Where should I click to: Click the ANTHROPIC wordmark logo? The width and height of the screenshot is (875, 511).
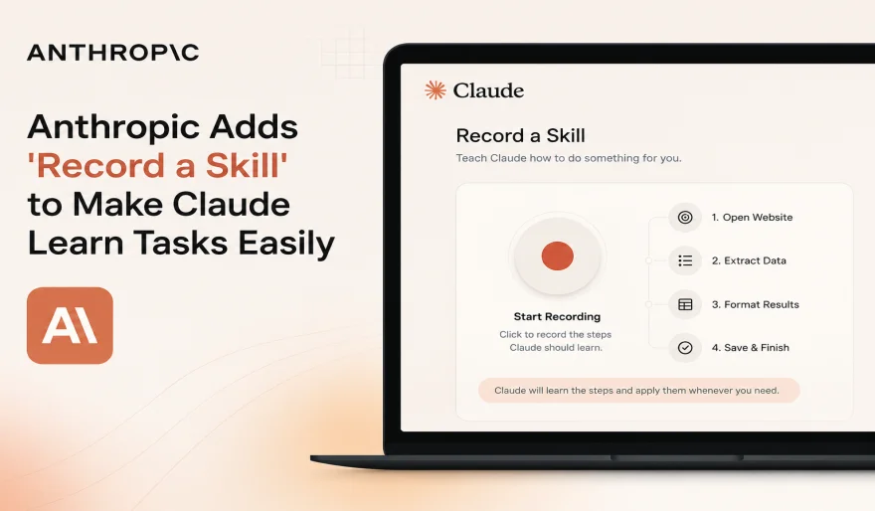pos(112,53)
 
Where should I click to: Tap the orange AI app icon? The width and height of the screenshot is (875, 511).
pos(70,325)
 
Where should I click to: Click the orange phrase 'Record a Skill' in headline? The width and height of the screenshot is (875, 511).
pos(157,165)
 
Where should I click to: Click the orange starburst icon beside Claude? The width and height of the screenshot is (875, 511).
pos(436,89)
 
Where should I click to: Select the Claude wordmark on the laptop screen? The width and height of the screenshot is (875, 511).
pos(488,90)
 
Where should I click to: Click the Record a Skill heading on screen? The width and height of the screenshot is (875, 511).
pos(521,135)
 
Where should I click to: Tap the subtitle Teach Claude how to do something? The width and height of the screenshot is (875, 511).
pos(569,158)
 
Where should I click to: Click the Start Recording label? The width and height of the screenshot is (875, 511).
pos(557,316)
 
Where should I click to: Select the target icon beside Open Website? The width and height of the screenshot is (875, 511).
pos(685,217)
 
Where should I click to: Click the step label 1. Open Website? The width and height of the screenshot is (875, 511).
pos(752,217)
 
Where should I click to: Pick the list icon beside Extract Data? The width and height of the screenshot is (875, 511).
pos(685,260)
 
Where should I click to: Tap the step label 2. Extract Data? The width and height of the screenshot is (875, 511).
pos(749,260)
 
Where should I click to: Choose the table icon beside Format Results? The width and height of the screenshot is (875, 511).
pos(685,304)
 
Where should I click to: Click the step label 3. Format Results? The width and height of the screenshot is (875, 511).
pos(755,304)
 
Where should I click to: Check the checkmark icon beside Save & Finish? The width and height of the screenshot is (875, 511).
pos(685,348)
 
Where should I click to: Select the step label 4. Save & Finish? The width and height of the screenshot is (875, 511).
pos(750,348)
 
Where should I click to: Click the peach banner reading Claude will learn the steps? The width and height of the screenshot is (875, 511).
pos(639,391)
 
